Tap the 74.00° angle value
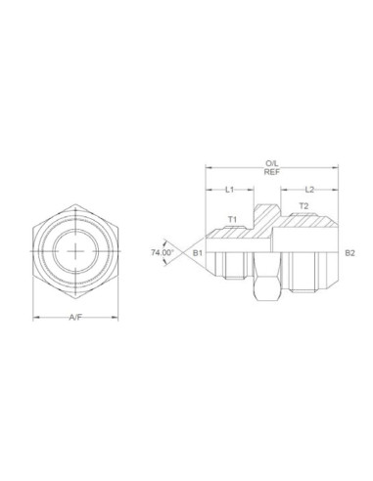pyautogui.click(x=163, y=253)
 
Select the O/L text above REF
pyautogui.click(x=271, y=163)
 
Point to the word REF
pyautogui.click(x=271, y=173)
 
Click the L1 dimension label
pyautogui.click(x=229, y=188)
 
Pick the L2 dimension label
pyautogui.click(x=309, y=188)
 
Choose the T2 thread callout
pyautogui.click(x=303, y=207)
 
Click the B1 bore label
pyautogui.click(x=197, y=253)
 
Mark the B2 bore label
pyautogui.click(x=350, y=253)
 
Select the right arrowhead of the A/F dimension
pyautogui.click(x=117, y=318)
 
